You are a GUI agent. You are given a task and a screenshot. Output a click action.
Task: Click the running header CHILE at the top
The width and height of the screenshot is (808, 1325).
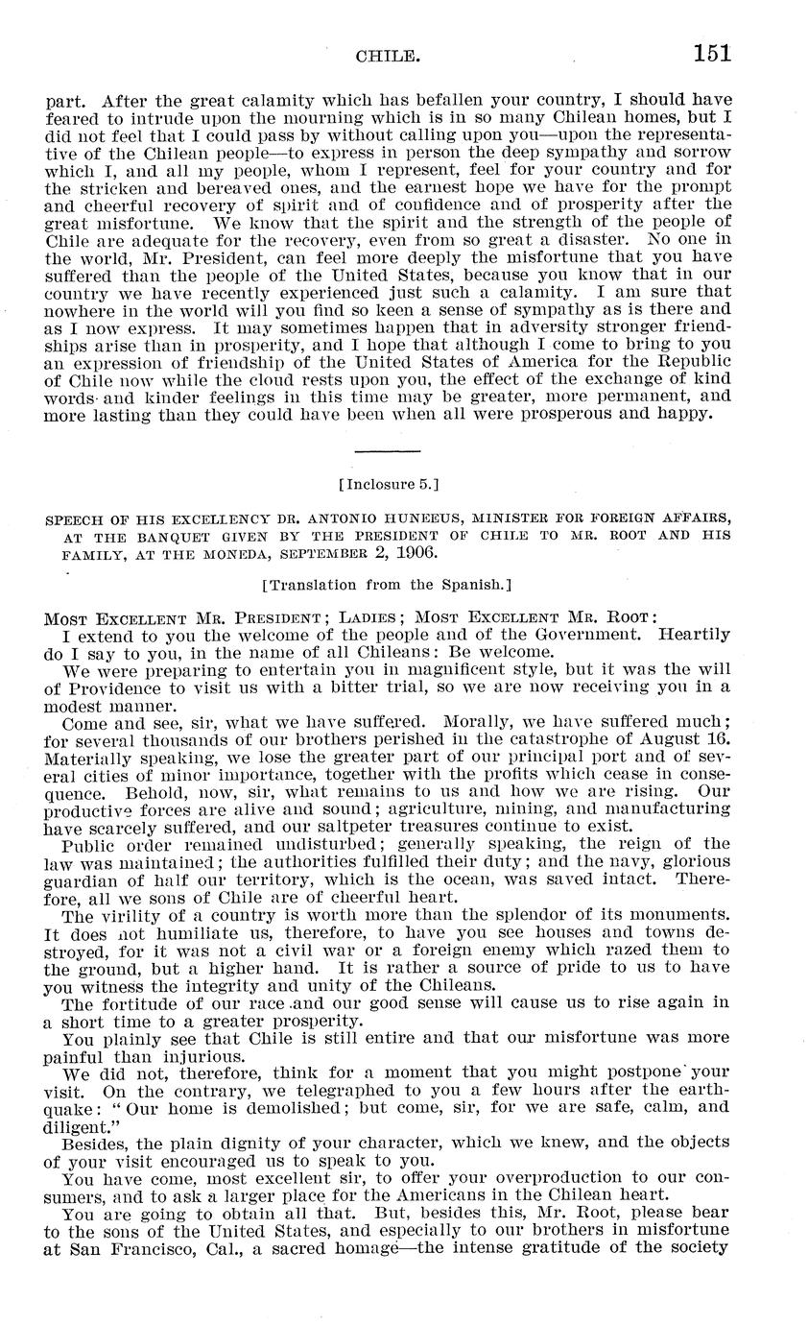pos(388,57)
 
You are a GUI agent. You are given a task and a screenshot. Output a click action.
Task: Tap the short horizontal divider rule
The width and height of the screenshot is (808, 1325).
pos(388,450)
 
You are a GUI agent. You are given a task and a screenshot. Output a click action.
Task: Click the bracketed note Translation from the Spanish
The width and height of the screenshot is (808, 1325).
pos(388,584)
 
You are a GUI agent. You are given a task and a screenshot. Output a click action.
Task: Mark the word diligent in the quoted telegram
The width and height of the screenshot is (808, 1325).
pos(82,1127)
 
